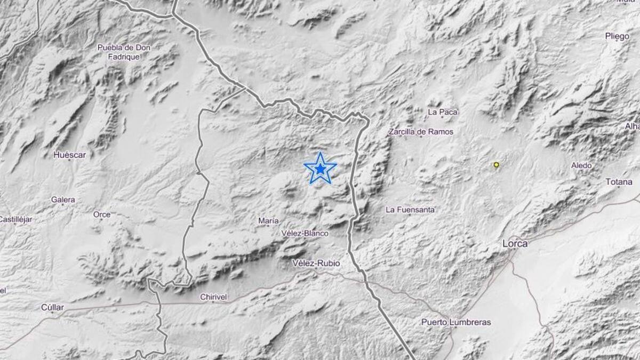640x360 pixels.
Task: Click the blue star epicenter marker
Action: (x=320, y=169)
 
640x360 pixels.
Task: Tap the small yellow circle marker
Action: (x=497, y=165)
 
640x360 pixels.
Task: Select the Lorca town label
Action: (x=515, y=244)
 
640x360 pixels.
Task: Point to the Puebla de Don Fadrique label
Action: (x=124, y=52)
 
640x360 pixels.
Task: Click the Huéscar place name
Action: (x=69, y=155)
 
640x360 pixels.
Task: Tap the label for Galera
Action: (x=63, y=200)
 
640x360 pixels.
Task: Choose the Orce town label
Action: (x=102, y=214)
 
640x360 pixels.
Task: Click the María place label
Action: (x=268, y=221)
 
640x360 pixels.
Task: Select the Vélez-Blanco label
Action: (x=305, y=234)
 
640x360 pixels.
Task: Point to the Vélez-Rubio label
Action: (x=316, y=263)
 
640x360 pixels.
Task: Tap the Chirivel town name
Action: (x=214, y=297)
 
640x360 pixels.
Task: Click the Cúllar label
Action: (x=52, y=307)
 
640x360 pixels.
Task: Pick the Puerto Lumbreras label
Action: (x=456, y=322)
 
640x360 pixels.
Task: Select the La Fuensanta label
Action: (x=410, y=210)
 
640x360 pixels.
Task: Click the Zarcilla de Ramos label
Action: (x=421, y=132)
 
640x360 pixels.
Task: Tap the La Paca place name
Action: (x=443, y=112)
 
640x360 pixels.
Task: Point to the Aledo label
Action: (x=581, y=165)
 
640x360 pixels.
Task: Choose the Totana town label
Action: (x=619, y=182)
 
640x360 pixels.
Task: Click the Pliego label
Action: (x=618, y=36)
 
